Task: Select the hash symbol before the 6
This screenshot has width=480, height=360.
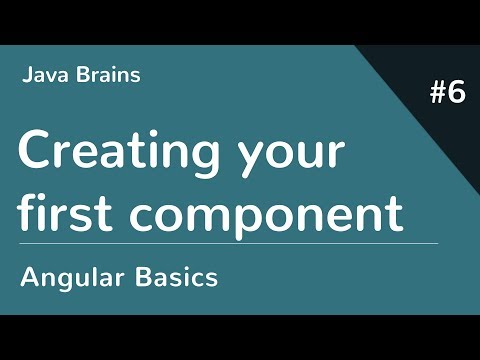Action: tap(436, 94)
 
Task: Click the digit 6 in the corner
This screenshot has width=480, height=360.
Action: tap(456, 94)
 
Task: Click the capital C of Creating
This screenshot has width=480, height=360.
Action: tap(34, 151)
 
